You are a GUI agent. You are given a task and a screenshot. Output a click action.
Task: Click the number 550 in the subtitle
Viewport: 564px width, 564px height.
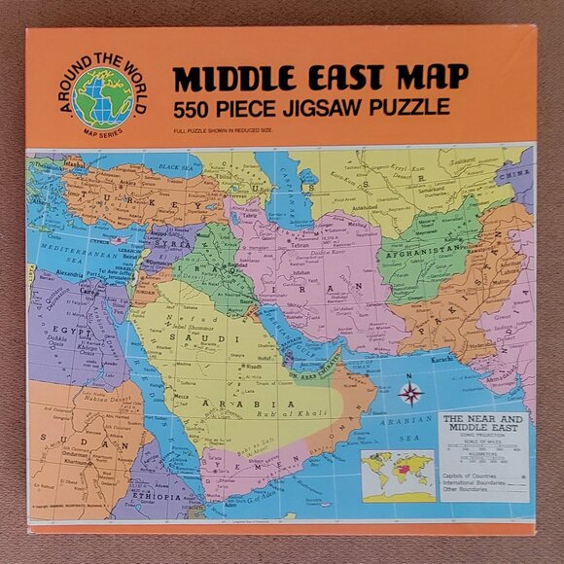click(198, 107)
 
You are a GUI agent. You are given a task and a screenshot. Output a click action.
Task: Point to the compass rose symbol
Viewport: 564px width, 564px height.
click(411, 394)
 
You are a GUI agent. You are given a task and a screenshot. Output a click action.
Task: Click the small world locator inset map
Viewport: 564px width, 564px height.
click(397, 474)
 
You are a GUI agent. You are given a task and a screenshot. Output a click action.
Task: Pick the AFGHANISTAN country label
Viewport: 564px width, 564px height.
click(425, 248)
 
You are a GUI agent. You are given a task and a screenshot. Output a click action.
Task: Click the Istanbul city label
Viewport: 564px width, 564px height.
click(75, 164)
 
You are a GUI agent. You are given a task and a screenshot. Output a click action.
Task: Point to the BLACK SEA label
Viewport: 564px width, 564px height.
click(182, 167)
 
